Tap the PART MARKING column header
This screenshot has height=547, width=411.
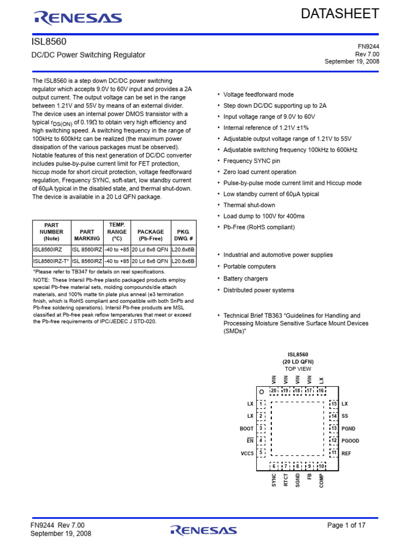coord(87,235)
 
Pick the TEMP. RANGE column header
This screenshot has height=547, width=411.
coord(117,232)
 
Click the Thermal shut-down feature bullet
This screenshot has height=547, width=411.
coord(249,205)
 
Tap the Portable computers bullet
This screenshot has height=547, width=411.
coord(249,267)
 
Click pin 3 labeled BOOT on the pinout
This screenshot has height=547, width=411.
coord(261,428)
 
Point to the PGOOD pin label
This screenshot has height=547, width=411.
coord(351,441)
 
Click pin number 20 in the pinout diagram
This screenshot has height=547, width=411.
coord(273,390)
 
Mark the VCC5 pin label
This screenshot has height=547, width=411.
coord(247,453)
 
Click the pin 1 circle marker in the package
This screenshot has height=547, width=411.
coord(262,392)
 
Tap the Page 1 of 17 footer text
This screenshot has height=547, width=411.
coord(346,526)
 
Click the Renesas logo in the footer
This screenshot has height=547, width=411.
coord(203,530)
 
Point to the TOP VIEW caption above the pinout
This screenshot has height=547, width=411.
coord(298,369)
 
